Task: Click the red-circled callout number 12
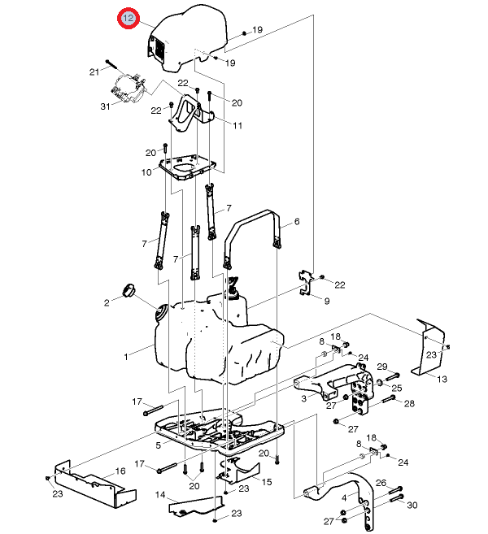129,18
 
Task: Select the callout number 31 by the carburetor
105,106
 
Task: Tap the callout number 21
94,72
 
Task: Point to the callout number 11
237,126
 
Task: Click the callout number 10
146,172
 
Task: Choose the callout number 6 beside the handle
297,221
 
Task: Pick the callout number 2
107,302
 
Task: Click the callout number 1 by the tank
126,357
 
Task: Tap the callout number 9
327,301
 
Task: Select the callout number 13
442,379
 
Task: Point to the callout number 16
120,471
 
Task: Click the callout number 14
160,495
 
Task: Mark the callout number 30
412,505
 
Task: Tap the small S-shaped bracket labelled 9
307,283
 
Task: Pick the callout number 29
382,367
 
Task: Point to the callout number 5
158,445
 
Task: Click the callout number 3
303,398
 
